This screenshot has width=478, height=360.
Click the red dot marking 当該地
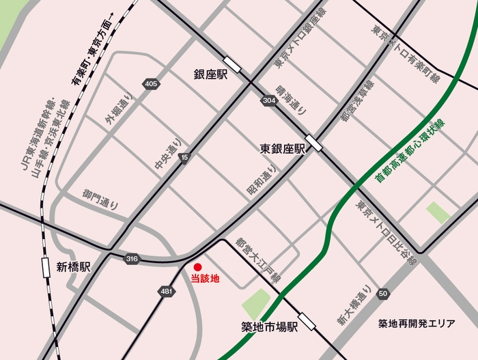pos(197,267)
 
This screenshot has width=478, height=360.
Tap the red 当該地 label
pos(205,279)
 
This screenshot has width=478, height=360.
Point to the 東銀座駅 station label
pos(281,148)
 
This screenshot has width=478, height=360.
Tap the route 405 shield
pos(151,84)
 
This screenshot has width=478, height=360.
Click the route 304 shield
pos(268,100)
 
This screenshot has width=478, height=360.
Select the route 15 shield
pos(184,158)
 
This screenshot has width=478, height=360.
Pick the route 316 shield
pos(132,258)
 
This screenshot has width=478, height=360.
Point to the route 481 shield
pos(166,291)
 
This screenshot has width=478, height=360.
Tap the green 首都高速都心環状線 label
pos(410,150)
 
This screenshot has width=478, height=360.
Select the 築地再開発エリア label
pos(417,324)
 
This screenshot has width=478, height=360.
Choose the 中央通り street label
pos(165,156)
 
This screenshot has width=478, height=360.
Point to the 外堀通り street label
pos(115,109)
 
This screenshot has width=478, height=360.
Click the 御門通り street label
pos(101,198)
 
